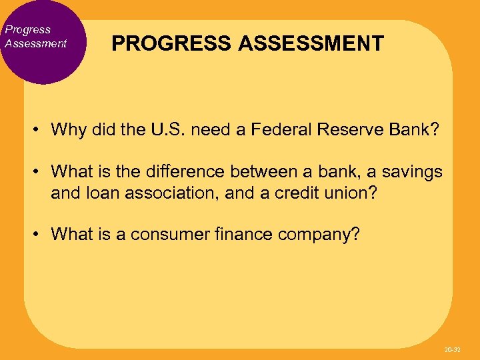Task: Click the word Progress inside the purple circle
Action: pyautogui.click(x=27, y=29)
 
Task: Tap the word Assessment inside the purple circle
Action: pyautogui.click(x=35, y=43)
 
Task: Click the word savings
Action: pyautogui.click(x=412, y=171)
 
